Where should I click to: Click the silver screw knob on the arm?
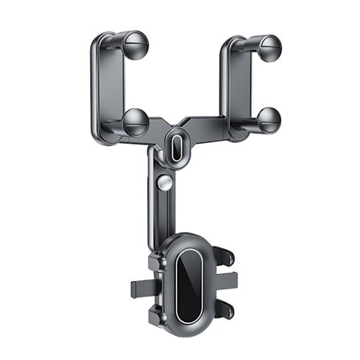click(165, 184)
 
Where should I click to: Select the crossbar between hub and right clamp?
click(211, 129)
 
